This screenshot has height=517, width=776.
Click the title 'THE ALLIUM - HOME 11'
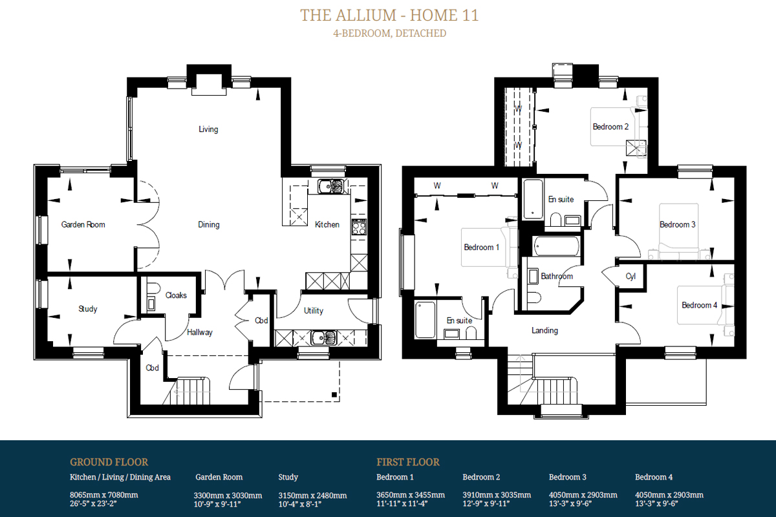pyautogui.click(x=389, y=16)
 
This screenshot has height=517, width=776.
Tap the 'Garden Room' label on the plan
pyautogui.click(x=83, y=224)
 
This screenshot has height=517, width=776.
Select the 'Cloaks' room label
pyautogui.click(x=176, y=295)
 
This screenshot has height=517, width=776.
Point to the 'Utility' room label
pyautogui.click(x=314, y=311)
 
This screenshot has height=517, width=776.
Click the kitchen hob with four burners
pyautogui.click(x=359, y=227)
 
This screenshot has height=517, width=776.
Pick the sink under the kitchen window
pyautogui.click(x=331, y=186)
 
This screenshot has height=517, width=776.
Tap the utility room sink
pyautogui.click(x=323, y=338)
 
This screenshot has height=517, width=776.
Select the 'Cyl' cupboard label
pyautogui.click(x=630, y=277)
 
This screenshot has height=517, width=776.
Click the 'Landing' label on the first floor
pyautogui.click(x=544, y=330)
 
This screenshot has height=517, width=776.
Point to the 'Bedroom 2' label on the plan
pyautogui.click(x=610, y=127)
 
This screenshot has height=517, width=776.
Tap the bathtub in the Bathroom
pyautogui.click(x=556, y=246)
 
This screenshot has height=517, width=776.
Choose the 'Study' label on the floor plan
pyautogui.click(x=88, y=309)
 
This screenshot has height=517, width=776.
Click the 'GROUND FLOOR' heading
pyautogui.click(x=109, y=462)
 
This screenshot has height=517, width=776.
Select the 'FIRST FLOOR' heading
pyautogui.click(x=408, y=462)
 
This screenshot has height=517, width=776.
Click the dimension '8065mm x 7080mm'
pyautogui.click(x=104, y=495)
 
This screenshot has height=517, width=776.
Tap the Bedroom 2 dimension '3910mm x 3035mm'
pyautogui.click(x=497, y=495)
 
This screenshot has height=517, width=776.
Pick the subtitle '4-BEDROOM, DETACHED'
pyautogui.click(x=389, y=33)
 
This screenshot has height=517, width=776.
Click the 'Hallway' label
pyautogui.click(x=200, y=332)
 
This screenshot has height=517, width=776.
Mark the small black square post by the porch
pyautogui.click(x=334, y=394)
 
